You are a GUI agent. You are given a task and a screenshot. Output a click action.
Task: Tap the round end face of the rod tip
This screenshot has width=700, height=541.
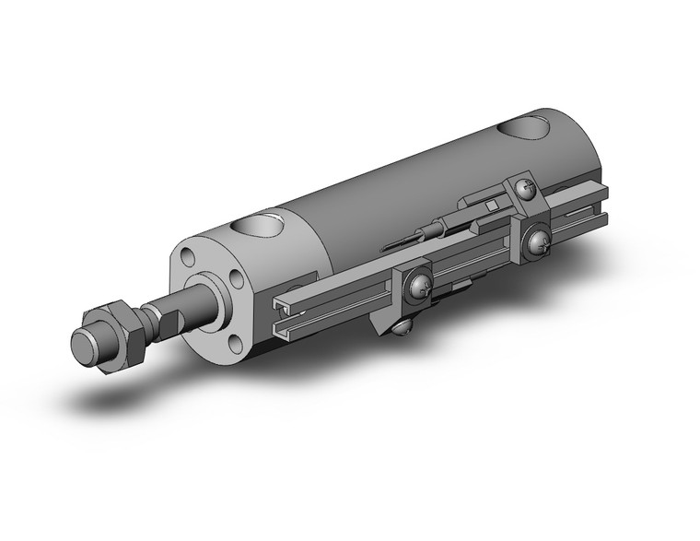(x=87, y=349)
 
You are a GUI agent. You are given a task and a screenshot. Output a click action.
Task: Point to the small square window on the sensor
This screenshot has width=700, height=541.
(x=492, y=205)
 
